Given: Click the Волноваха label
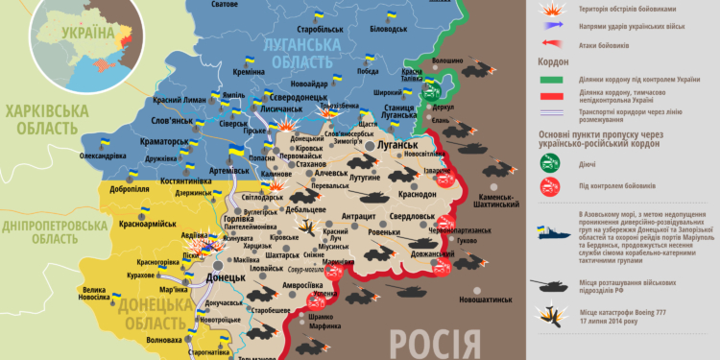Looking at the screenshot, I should [x=161, y=339].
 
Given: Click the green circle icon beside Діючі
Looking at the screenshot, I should [x=551, y=163].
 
